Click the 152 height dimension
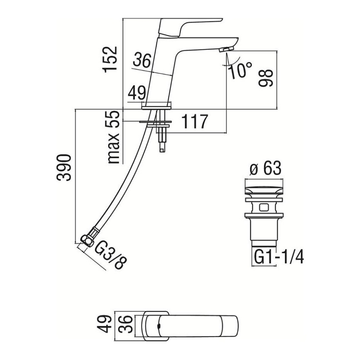111,60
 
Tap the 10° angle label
240,70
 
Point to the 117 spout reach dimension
195,122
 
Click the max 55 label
114,137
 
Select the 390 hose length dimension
64,168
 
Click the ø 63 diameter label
265,168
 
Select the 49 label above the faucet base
137,93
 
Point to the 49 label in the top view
104,324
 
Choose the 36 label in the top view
125,324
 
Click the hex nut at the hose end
87,241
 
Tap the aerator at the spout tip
226,49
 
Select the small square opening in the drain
264,207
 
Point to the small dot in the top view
158,326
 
